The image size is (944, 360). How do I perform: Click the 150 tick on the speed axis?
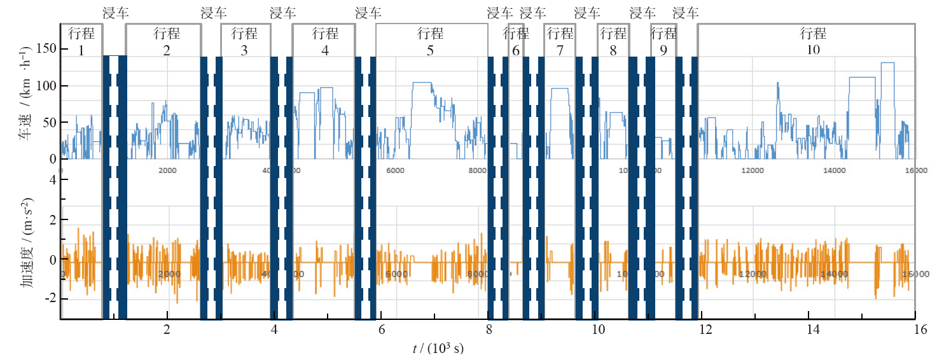(46, 50)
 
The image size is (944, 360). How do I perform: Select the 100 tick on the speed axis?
(46, 86)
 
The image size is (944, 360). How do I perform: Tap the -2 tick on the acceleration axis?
(50, 298)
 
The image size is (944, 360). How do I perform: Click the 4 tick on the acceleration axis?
(52, 180)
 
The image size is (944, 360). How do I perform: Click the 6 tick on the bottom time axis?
(382, 330)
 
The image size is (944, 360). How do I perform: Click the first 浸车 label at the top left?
(115, 12)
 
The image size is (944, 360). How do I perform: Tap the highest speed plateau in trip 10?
(887, 63)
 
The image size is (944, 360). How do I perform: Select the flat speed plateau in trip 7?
(559, 88)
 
